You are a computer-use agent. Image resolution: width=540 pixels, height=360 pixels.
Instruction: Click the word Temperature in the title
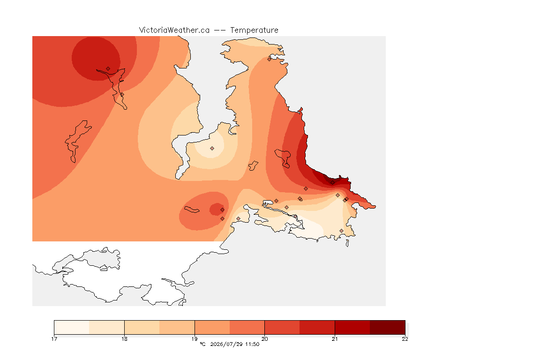pyautogui.click(x=254, y=30)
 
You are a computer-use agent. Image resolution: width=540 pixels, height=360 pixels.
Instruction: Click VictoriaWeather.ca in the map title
pyautogui.click(x=174, y=30)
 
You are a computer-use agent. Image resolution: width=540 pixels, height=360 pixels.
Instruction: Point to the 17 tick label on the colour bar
pyautogui.click(x=54, y=339)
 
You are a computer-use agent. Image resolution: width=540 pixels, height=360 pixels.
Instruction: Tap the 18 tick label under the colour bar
pyautogui.click(x=124, y=339)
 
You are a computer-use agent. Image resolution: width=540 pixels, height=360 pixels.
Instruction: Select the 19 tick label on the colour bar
pyautogui.click(x=195, y=339)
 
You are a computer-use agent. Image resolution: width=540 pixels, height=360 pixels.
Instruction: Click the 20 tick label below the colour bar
pyautogui.click(x=264, y=339)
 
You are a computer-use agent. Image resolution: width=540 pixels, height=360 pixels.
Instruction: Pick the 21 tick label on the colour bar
pyautogui.click(x=335, y=339)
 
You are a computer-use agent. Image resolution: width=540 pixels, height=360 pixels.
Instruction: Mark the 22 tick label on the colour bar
pyautogui.click(x=405, y=339)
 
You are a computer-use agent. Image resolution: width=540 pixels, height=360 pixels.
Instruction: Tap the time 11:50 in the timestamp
pyautogui.click(x=252, y=344)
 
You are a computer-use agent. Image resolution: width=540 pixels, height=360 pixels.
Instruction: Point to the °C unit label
pyautogui.click(x=202, y=344)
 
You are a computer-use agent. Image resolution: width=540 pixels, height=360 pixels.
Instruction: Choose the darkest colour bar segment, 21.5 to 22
pyautogui.click(x=388, y=327)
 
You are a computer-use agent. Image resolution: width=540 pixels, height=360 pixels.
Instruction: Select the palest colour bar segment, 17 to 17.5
pyautogui.click(x=72, y=327)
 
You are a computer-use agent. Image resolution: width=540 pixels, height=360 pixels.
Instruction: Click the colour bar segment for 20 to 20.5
pyautogui.click(x=282, y=327)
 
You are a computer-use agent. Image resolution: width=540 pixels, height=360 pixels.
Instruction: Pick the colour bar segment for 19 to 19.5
pyautogui.click(x=212, y=327)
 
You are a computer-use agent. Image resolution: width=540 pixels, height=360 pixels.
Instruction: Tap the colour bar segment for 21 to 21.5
pyautogui.click(x=352, y=327)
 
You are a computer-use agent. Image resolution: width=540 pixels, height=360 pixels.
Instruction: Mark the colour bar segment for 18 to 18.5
pyautogui.click(x=142, y=327)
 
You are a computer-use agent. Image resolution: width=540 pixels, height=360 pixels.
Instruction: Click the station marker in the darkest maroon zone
pyautogui.click(x=332, y=183)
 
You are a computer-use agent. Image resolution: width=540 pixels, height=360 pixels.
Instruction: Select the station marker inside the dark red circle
pyautogui.click(x=108, y=69)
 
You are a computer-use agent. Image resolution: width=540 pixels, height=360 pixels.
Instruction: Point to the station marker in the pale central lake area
pyautogui.click(x=212, y=149)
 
